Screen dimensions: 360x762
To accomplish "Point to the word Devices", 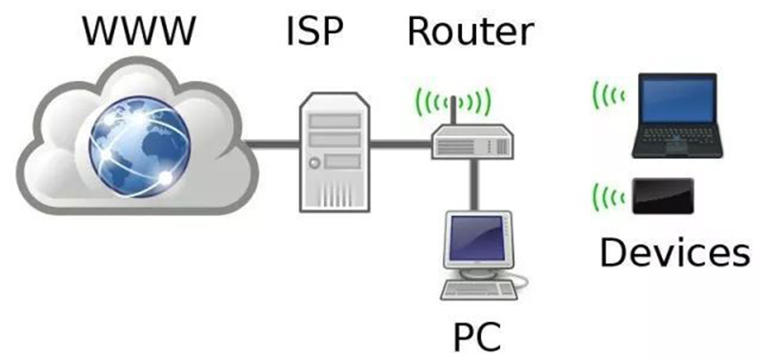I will [x=674, y=252].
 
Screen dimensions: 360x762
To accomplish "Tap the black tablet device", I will [x=663, y=196].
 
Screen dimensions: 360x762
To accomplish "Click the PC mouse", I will [x=522, y=280].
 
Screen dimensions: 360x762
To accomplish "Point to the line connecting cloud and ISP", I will [x=271, y=145].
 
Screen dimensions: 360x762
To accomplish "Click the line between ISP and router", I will [x=400, y=145].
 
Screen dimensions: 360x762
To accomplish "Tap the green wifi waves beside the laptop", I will [x=607, y=94].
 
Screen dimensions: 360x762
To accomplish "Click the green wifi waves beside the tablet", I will [x=607, y=197].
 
